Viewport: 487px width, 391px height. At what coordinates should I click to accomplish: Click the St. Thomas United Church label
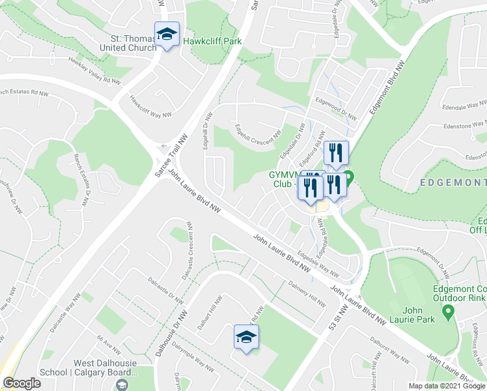tap(128, 43)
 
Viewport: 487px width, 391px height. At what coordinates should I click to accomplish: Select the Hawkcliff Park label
tap(212, 41)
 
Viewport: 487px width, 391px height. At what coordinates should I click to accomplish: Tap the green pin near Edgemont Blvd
tap(348, 177)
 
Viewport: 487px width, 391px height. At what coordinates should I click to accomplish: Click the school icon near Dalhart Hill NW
tap(246, 337)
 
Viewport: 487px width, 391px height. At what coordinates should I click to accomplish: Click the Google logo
tap(21, 383)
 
